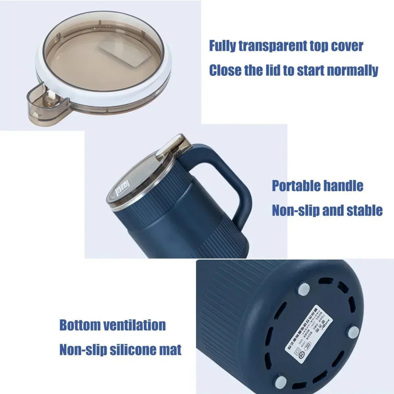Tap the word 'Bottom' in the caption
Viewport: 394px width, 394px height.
(x=80, y=325)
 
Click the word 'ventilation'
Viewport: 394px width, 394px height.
(x=135, y=325)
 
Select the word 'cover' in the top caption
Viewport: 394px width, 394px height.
(x=347, y=46)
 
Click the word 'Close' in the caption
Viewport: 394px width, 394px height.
(x=225, y=70)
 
